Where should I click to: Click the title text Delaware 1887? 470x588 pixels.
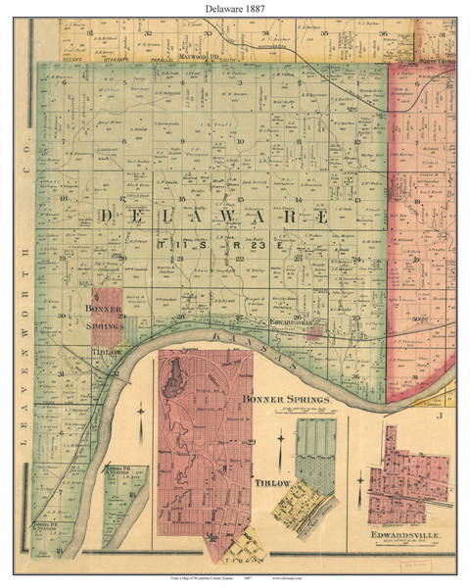pos(234,10)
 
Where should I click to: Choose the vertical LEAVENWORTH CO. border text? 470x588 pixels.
pos(22,314)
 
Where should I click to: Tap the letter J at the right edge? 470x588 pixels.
pos(441,415)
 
